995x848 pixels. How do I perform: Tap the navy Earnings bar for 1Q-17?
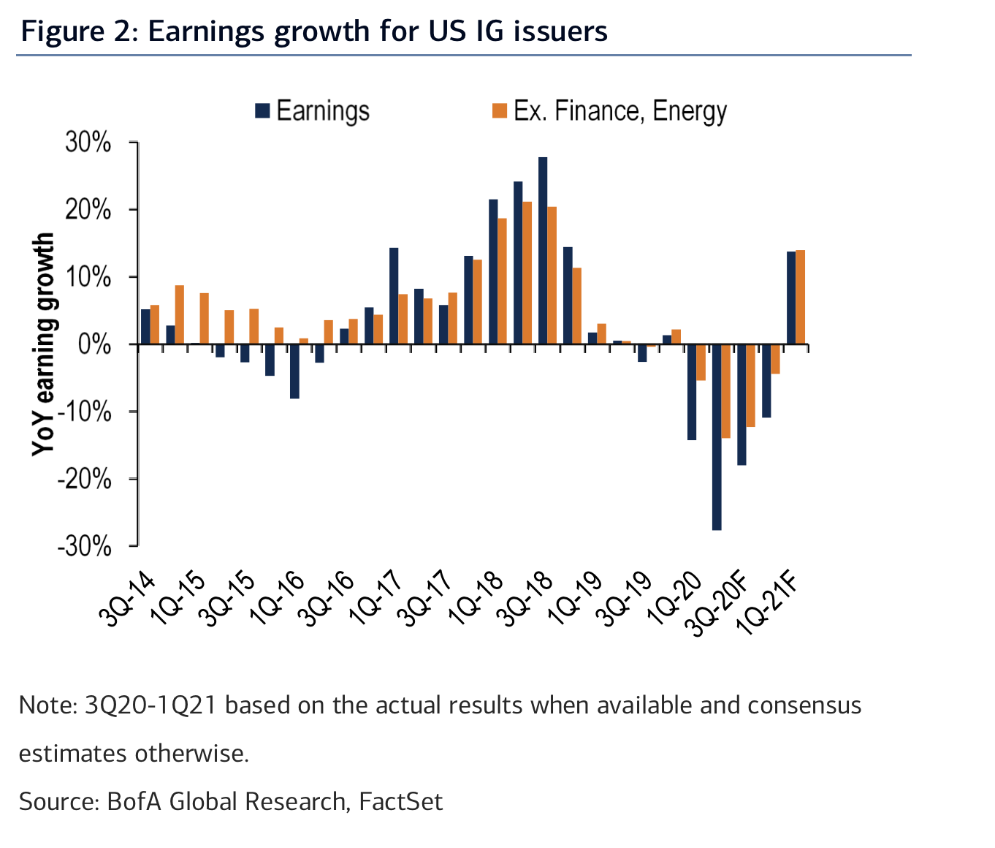tap(394, 296)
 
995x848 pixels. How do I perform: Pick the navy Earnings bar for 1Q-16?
tap(294, 371)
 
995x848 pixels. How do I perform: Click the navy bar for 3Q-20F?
tap(742, 404)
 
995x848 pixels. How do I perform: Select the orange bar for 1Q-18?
tap(502, 281)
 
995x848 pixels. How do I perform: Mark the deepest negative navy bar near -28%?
tap(717, 437)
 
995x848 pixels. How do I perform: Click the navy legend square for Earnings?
tap(262, 111)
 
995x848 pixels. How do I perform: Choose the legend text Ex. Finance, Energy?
tap(620, 111)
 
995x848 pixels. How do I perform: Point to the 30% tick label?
tap(88, 143)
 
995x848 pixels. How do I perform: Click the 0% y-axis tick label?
tap(95, 344)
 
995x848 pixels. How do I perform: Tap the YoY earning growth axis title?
tap(44, 344)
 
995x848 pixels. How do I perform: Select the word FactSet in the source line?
tap(400, 801)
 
